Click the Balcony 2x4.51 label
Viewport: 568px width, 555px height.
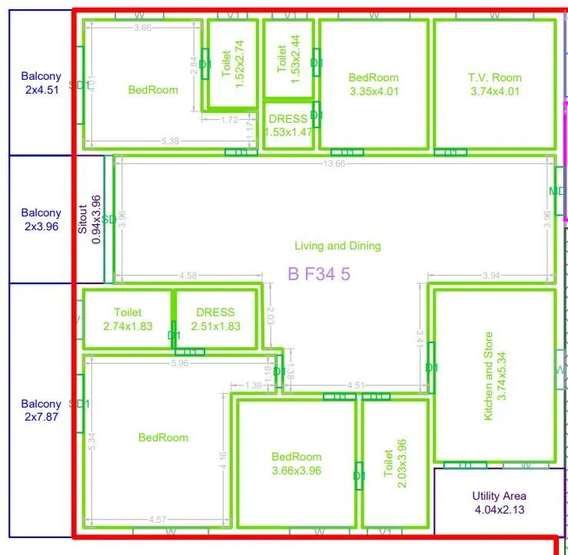pyautogui.click(x=41, y=82)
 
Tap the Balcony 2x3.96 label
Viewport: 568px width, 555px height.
pyautogui.click(x=41, y=220)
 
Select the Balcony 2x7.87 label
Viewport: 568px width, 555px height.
pyautogui.click(x=41, y=410)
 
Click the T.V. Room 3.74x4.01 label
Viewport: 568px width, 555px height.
pyautogui.click(x=494, y=84)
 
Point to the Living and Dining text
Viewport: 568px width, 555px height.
pyautogui.click(x=337, y=246)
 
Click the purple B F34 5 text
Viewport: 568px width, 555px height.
pyautogui.click(x=319, y=273)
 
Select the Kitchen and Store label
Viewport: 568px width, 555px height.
pyautogui.click(x=495, y=375)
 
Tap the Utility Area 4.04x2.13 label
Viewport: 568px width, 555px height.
pyautogui.click(x=500, y=503)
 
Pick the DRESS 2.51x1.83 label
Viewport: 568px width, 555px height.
pyautogui.click(x=215, y=319)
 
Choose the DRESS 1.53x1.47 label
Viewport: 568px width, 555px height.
pyautogui.click(x=289, y=125)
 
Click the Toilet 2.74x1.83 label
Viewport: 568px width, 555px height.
pyautogui.click(x=128, y=319)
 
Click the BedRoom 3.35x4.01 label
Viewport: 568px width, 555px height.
pyautogui.click(x=373, y=84)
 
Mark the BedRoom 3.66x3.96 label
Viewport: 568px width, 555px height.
pyautogui.click(x=297, y=464)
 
